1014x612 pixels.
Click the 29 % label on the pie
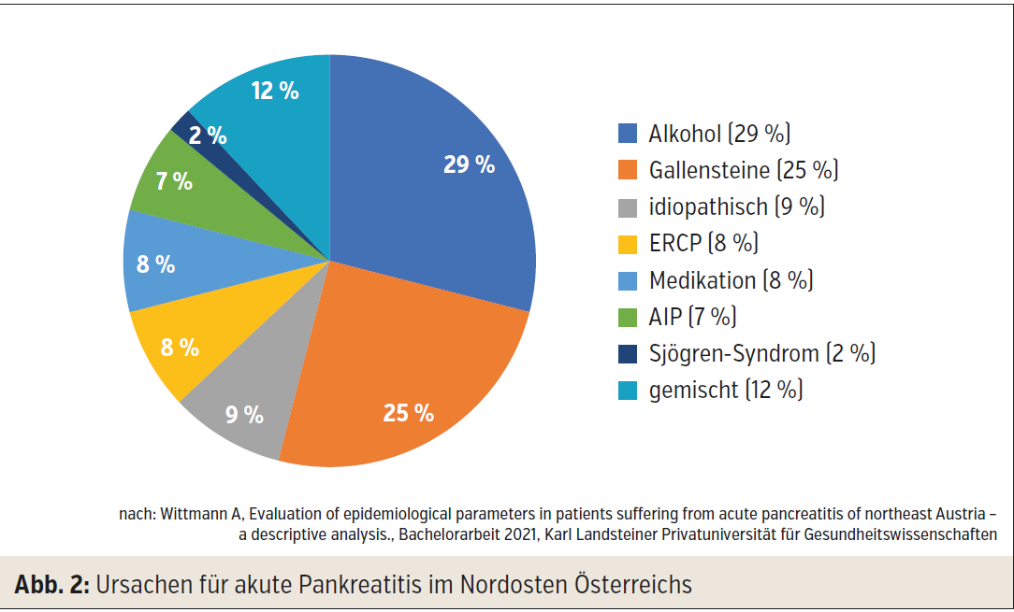pos(469,164)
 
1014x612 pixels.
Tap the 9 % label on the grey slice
pos(244,414)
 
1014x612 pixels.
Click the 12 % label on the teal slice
pos(275,91)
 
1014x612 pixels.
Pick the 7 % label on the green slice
pos(174,181)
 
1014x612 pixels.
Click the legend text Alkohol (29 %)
pos(719,134)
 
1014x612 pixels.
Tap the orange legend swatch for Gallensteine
pos(628,170)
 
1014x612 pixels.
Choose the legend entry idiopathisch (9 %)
pos(736,206)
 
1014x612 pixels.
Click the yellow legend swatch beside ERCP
pos(628,244)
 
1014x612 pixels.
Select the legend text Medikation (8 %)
pos(731,280)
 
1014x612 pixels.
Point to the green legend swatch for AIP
pos(628,317)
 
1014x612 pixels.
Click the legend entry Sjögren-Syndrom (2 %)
pos(761,353)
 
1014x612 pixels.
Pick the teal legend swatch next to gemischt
pos(628,390)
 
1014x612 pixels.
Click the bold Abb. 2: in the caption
pos(51,585)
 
